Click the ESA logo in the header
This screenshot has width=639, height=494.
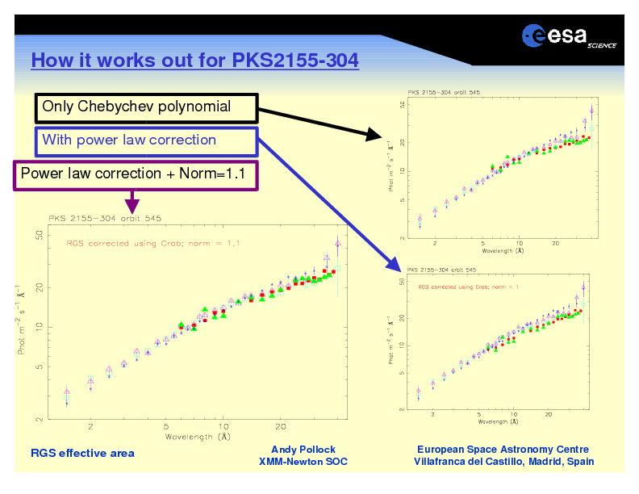(568, 36)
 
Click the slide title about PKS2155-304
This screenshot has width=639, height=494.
(194, 61)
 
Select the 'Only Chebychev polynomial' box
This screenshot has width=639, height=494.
(146, 107)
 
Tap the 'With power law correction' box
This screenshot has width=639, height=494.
(146, 140)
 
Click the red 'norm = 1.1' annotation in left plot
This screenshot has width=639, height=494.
(152, 242)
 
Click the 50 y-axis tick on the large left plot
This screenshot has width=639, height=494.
(39, 236)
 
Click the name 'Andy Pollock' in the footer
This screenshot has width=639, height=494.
(303, 450)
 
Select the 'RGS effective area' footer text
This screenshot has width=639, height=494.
(82, 453)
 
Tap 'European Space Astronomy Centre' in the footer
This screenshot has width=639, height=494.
(503, 450)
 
